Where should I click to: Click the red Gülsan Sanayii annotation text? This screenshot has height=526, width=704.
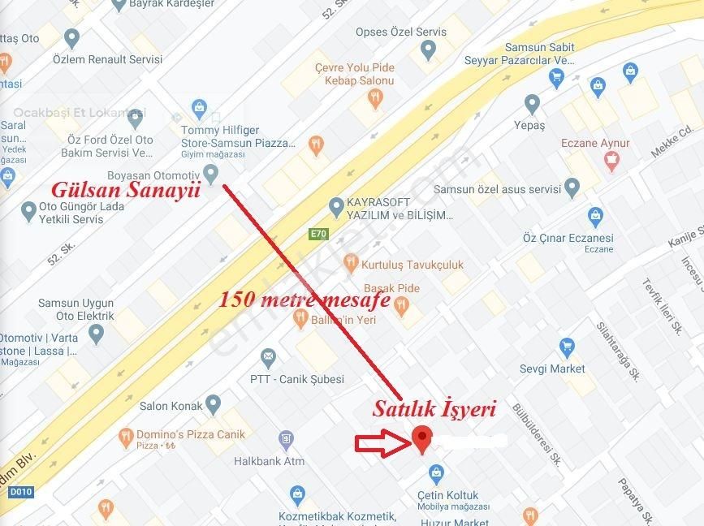coord(125,191)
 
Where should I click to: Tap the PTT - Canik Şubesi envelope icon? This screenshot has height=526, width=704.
coord(268,357)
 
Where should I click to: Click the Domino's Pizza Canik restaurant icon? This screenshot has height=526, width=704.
coord(125,438)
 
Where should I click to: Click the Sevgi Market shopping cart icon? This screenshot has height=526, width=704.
coord(567,349)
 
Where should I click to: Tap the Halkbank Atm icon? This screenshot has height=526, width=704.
coord(286,441)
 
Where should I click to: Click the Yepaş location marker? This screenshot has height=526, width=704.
coord(532,104)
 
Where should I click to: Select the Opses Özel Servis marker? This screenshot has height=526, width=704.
coord(429,52)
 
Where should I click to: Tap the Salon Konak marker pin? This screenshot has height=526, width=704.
coord(214,403)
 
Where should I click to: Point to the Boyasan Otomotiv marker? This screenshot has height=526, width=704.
coord(211,173)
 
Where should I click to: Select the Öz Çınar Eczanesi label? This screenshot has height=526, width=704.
coord(568,239)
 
